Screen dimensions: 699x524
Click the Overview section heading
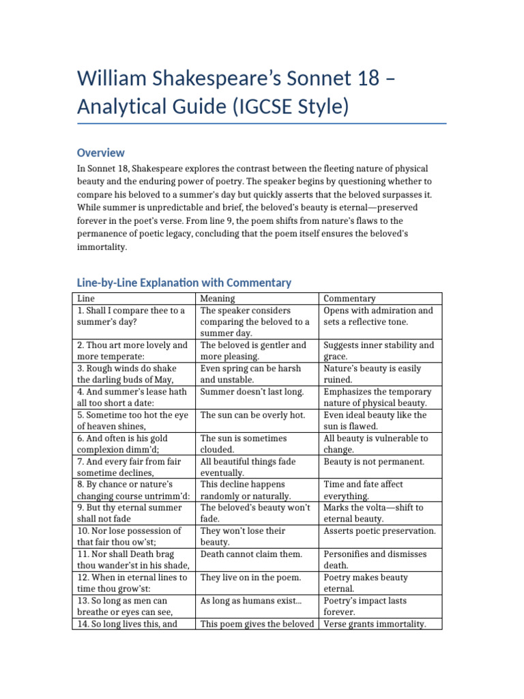(100, 153)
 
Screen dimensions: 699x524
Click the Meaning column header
(218, 299)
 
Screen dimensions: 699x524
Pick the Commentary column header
(349, 299)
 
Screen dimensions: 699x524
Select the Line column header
(86, 299)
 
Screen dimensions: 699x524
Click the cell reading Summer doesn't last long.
(252, 392)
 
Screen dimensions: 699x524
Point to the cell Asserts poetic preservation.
(379, 531)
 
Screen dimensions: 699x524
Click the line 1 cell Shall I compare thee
(130, 316)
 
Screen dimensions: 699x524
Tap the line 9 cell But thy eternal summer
(129, 513)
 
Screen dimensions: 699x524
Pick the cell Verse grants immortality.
(375, 623)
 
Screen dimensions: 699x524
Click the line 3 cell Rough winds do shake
(130, 374)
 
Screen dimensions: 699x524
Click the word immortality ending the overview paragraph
(102, 247)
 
